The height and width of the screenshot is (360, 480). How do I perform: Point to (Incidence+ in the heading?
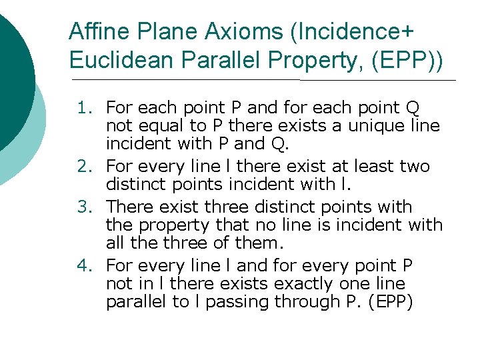tap(346, 31)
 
